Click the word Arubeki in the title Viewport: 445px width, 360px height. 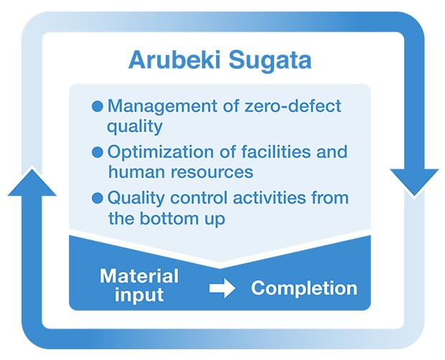(174, 60)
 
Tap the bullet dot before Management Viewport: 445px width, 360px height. (98, 106)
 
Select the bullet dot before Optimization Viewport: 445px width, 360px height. (98, 152)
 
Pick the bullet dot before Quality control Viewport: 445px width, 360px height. (98, 198)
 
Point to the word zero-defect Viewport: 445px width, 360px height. (293, 106)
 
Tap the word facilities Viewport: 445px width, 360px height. (276, 151)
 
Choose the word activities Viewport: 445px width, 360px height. (269, 198)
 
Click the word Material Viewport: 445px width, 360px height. (139, 276)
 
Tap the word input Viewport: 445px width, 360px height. (139, 295)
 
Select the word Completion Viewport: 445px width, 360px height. (304, 289)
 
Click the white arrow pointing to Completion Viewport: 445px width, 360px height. (222, 288)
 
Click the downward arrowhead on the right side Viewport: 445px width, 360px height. (414, 182)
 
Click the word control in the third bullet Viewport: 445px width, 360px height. (199, 198)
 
